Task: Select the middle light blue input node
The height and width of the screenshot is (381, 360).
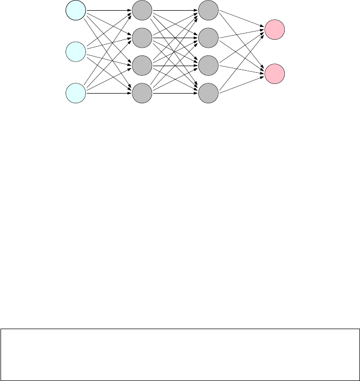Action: click(x=76, y=51)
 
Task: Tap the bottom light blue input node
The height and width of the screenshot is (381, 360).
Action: click(x=76, y=93)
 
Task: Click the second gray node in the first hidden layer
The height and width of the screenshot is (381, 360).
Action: click(x=142, y=37)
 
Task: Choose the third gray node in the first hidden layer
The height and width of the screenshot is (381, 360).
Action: click(x=142, y=65)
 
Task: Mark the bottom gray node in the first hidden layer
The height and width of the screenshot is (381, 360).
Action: click(x=142, y=93)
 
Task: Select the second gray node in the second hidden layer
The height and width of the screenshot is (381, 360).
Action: click(x=208, y=37)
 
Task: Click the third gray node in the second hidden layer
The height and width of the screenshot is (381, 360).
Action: click(x=208, y=65)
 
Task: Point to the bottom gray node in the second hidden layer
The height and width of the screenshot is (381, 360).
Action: click(x=208, y=93)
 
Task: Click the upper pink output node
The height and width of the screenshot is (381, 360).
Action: click(x=275, y=30)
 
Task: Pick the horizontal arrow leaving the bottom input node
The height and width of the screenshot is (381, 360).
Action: click(x=109, y=93)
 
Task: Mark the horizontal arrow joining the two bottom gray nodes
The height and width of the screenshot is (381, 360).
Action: click(x=175, y=93)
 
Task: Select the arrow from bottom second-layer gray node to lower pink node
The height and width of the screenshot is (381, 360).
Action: click(x=241, y=83)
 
